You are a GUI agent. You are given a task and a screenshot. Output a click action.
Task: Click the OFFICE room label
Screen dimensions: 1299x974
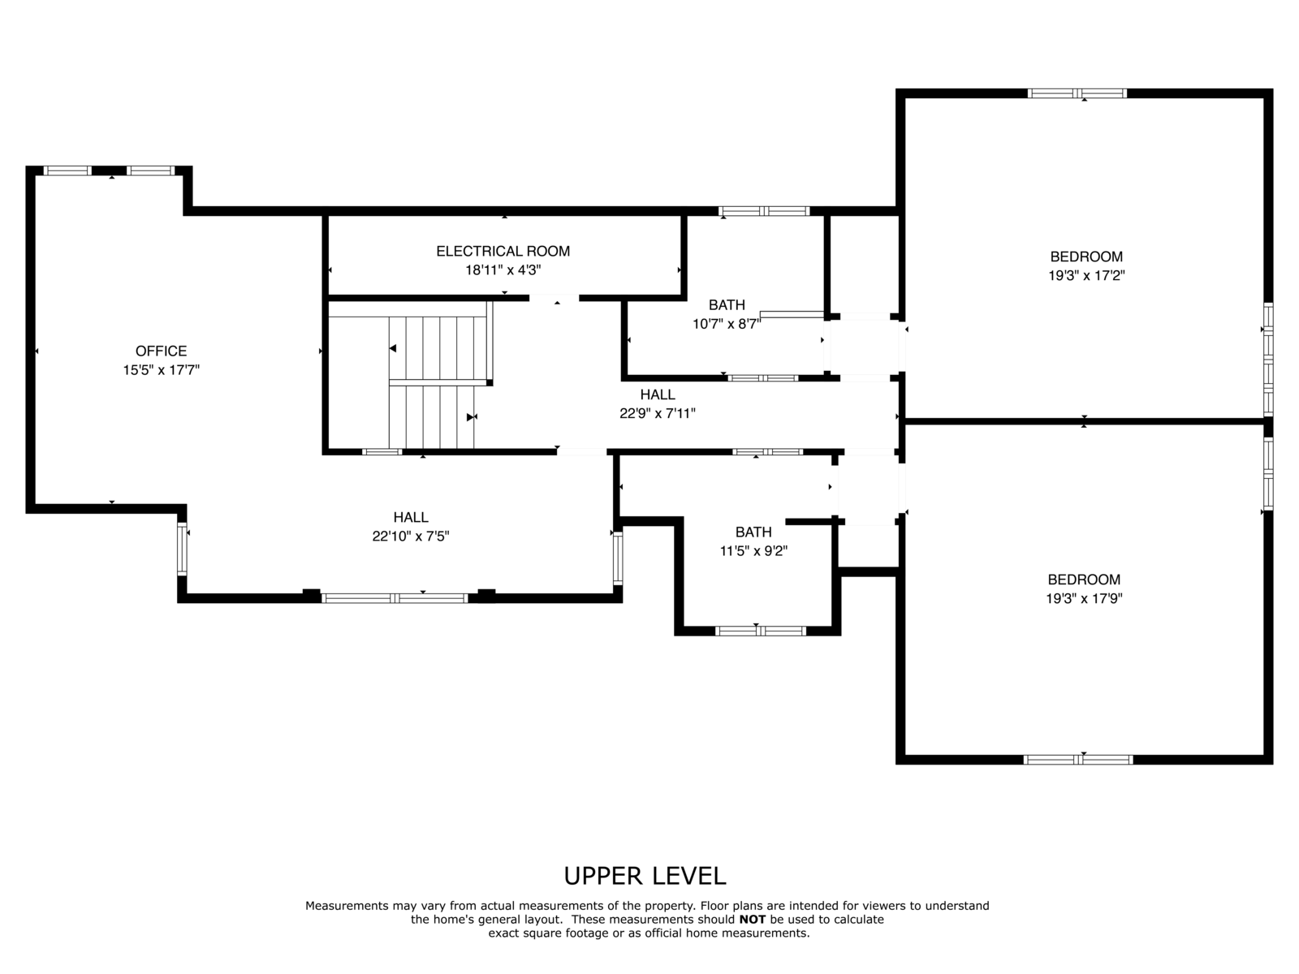coord(161,351)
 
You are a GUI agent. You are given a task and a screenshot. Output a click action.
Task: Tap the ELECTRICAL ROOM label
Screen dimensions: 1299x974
coord(503,252)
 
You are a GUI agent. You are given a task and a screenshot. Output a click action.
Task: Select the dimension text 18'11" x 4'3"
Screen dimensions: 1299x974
coord(503,270)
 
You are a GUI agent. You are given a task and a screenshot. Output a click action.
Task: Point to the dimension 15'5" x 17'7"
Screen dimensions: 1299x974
coord(161,370)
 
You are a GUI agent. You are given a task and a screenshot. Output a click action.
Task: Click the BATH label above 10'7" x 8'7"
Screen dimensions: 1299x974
coord(727,305)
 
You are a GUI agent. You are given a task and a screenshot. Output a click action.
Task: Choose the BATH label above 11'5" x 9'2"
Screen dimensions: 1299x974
coord(753,532)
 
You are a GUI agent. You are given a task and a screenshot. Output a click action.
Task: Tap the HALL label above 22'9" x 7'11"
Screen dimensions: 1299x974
coord(658,394)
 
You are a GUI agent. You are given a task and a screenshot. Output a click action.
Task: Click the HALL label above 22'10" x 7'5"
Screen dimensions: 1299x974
coord(411,518)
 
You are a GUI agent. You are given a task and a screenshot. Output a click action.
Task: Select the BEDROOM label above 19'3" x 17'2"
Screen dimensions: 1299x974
coord(1086,256)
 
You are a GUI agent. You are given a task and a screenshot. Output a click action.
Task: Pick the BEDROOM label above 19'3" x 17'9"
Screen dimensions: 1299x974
coord(1084,580)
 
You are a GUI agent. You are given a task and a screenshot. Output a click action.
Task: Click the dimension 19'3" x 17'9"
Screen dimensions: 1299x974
coord(1084,598)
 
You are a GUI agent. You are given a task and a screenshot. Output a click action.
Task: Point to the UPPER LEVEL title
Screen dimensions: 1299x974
coord(645,877)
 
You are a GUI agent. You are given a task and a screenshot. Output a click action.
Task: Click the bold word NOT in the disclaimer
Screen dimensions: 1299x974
coord(752,920)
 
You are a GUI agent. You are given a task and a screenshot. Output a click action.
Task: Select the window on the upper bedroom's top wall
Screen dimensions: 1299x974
coord(1077,93)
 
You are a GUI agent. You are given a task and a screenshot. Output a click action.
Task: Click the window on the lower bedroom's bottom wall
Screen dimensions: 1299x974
coord(1078,760)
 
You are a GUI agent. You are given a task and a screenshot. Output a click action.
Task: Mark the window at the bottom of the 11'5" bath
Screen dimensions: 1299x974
coord(761,631)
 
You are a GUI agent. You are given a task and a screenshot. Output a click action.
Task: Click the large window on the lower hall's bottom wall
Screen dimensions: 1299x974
coord(395,598)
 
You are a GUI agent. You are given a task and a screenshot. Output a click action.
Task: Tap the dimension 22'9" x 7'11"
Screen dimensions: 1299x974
coord(658,413)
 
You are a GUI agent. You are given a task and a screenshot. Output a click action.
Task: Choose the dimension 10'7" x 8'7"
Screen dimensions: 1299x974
coord(727,324)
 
